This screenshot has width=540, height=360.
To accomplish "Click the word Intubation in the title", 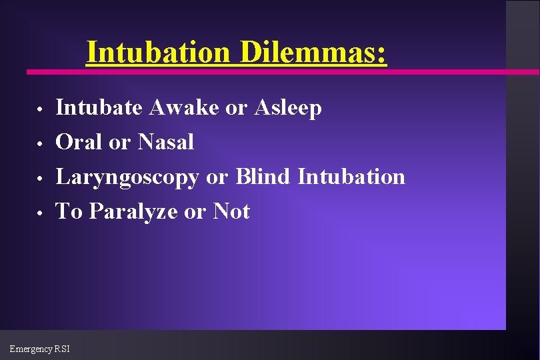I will point(159,52).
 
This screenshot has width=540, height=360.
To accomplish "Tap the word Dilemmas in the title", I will point(313,52).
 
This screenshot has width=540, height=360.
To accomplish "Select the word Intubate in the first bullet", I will point(100,107).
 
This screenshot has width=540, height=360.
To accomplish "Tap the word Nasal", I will point(166,142).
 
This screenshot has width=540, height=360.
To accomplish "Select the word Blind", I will point(264,177).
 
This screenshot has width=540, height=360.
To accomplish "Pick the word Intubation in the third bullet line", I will point(351,177).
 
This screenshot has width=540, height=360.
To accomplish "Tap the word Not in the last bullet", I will point(231,211).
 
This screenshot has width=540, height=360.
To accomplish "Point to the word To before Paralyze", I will point(70,211).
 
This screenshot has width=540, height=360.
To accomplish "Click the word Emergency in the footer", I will point(31,349).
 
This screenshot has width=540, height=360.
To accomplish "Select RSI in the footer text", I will point(62,349).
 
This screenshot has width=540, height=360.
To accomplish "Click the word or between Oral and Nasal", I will point(121,143).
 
